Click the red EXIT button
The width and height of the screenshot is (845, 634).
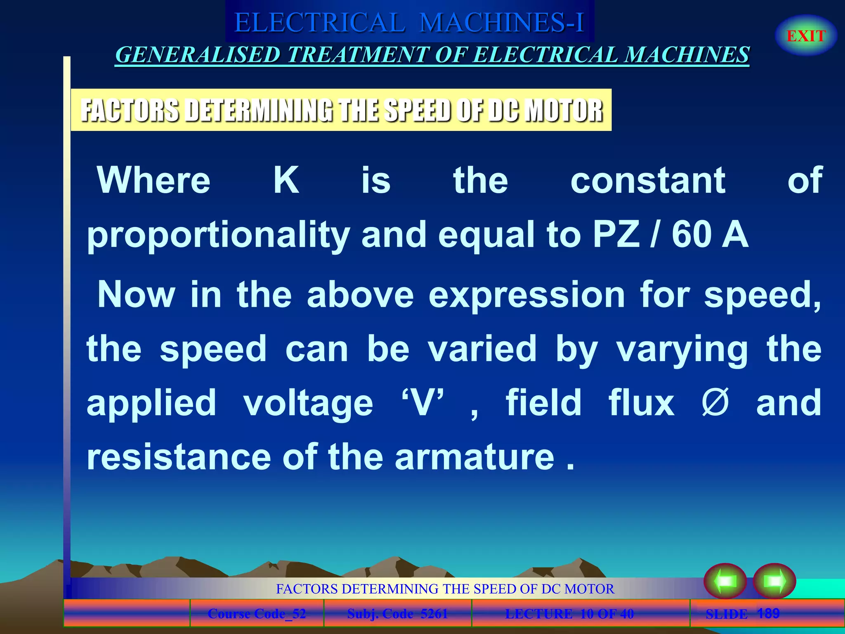click(806, 36)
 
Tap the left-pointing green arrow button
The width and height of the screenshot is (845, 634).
click(725, 581)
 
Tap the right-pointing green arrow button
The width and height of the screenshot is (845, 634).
click(774, 581)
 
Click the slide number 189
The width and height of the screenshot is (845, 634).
click(768, 613)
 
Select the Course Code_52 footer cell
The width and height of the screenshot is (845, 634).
click(257, 614)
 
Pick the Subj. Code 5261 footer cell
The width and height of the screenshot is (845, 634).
click(397, 614)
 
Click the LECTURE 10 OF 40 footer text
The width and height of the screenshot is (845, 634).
click(569, 614)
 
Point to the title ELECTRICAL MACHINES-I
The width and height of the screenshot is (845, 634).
click(409, 22)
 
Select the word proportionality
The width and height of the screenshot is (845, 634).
click(218, 235)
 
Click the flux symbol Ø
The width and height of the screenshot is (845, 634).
click(715, 402)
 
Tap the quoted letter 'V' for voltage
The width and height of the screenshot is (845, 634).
click(423, 402)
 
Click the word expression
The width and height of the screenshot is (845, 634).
click(527, 295)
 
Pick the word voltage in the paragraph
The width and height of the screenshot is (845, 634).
click(308, 403)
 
